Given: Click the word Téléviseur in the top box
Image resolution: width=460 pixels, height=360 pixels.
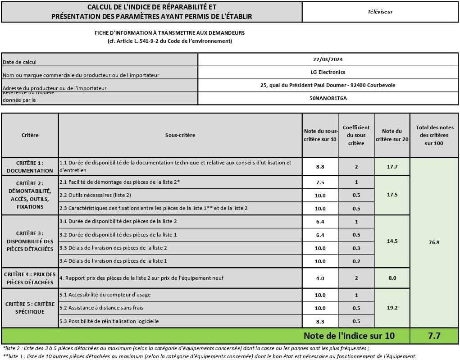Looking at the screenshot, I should tap(380, 12).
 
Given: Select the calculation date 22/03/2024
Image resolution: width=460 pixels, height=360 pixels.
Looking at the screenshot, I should tap(328, 59).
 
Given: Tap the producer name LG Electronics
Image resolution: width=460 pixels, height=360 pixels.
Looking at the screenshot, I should tap(328, 72).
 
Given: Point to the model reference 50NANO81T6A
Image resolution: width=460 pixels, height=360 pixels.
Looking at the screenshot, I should tap(328, 98).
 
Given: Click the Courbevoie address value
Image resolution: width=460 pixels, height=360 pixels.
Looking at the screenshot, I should tap(328, 85).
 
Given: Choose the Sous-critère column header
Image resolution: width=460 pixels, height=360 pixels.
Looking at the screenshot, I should tap(180, 135).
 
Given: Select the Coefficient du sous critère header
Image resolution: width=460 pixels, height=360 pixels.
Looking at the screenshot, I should tap(356, 135).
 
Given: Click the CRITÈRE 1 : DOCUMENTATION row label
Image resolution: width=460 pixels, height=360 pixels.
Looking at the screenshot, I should tap(30, 167).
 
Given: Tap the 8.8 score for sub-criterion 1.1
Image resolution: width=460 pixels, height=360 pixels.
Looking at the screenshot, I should tap(320, 167).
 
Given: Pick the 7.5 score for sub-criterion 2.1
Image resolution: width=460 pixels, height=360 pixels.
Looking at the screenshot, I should tap(320, 182).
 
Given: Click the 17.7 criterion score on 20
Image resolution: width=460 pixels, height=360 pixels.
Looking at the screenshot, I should tap(392, 167).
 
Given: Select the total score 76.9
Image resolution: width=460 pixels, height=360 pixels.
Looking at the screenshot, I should tap(434, 242).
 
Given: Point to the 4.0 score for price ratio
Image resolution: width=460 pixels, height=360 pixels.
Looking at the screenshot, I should tap(320, 278).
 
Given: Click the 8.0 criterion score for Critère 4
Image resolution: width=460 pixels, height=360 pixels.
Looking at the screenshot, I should tap(392, 278).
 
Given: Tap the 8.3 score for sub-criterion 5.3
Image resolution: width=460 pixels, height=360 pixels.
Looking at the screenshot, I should tap(320, 321).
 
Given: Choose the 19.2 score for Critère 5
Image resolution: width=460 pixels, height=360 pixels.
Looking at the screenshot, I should tap(392, 308).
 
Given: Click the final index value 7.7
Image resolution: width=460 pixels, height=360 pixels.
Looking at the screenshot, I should tap(434, 336).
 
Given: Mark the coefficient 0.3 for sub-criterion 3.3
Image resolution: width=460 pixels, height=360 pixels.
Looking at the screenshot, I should tap(356, 248).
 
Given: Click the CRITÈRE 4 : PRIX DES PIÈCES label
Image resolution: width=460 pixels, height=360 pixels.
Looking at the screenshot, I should tap(30, 278).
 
